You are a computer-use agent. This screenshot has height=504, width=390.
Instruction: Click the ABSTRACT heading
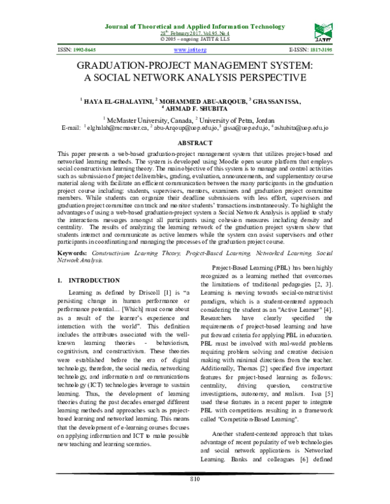195,142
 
